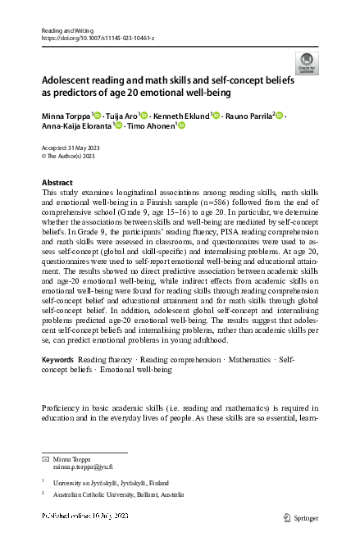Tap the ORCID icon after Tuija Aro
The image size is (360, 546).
(144, 116)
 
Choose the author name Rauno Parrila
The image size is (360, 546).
(248, 116)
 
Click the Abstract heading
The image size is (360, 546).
(57, 182)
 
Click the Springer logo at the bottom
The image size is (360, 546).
(299, 518)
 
